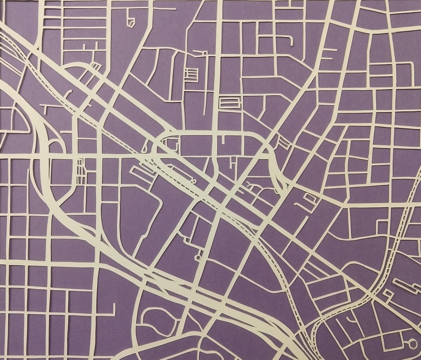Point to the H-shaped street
coord(232,163)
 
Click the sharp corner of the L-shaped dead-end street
coord(113,313)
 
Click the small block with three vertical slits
coord(81,171)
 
